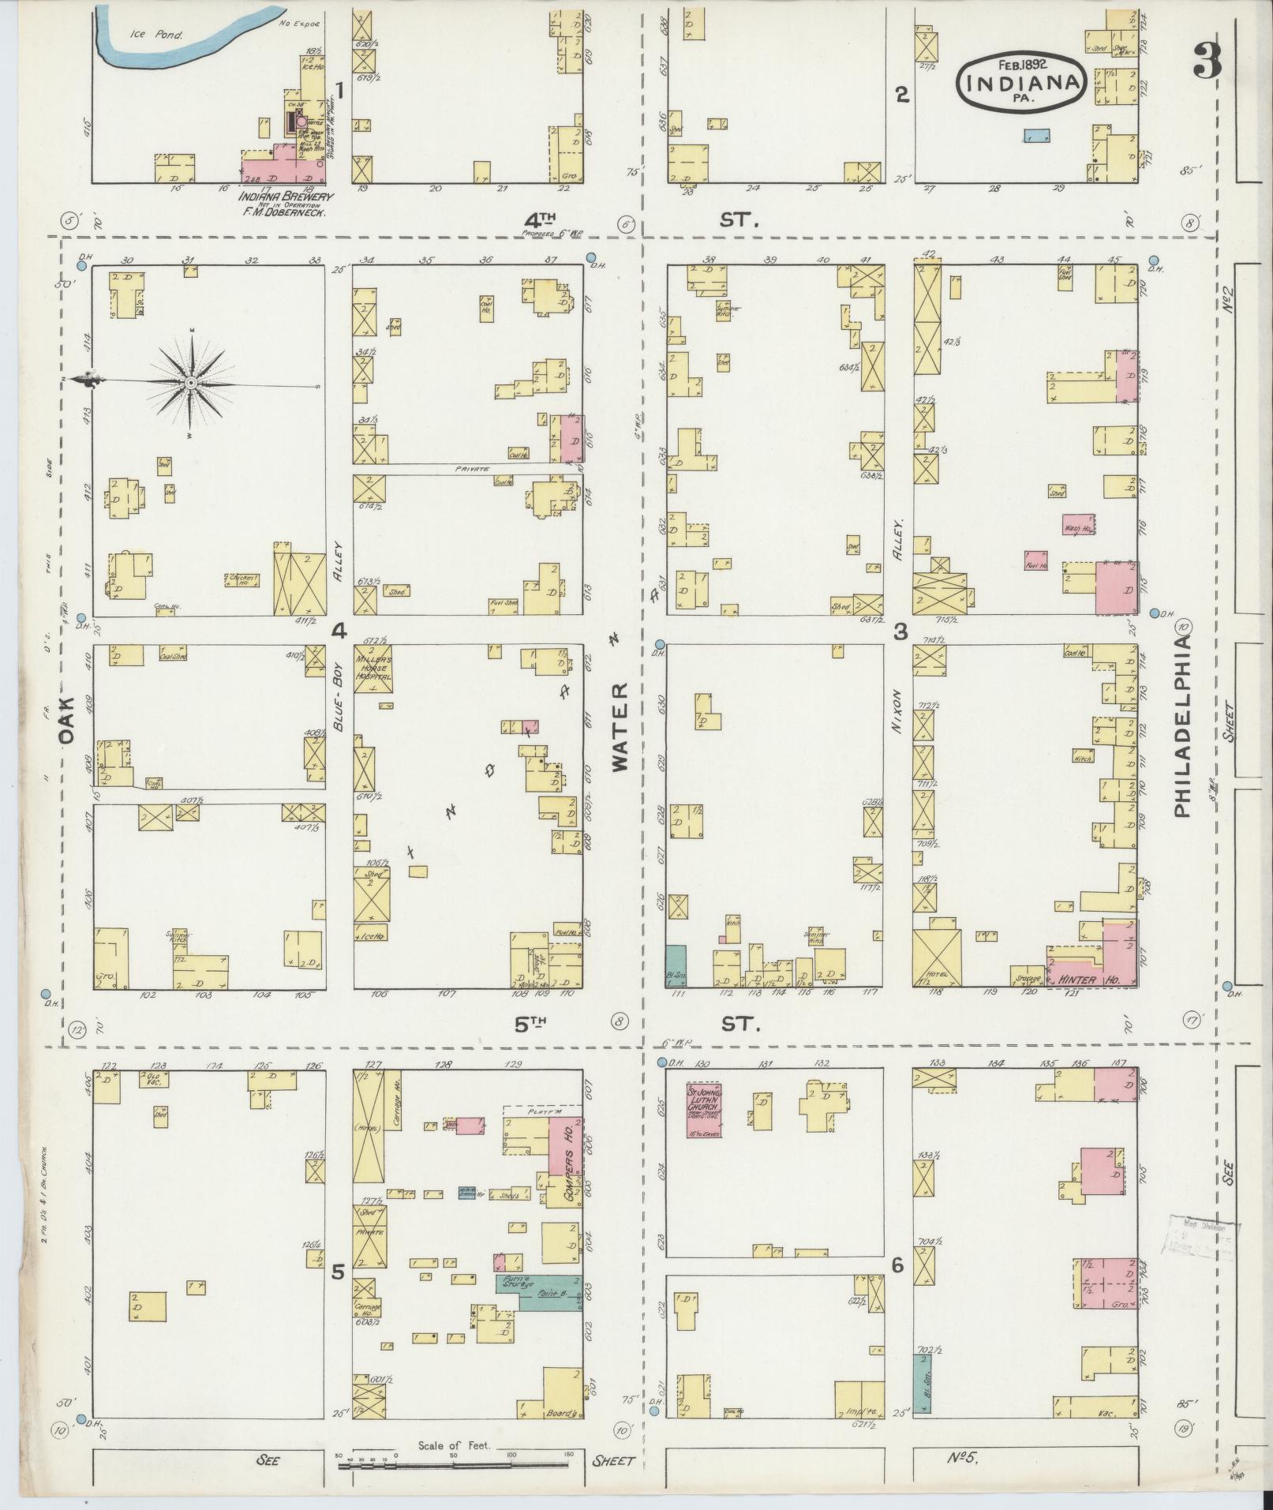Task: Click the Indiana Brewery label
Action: point(286,197)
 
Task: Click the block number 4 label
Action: point(339,630)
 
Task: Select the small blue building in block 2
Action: point(1036,136)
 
